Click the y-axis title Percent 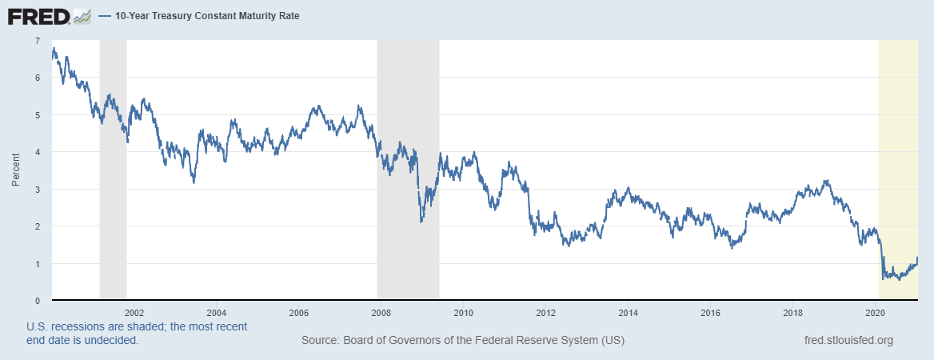pos(16,170)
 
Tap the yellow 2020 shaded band pos(897,160)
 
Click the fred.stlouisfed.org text pos(848,341)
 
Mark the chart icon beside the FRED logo pos(82,15)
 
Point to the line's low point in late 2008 pos(421,222)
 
